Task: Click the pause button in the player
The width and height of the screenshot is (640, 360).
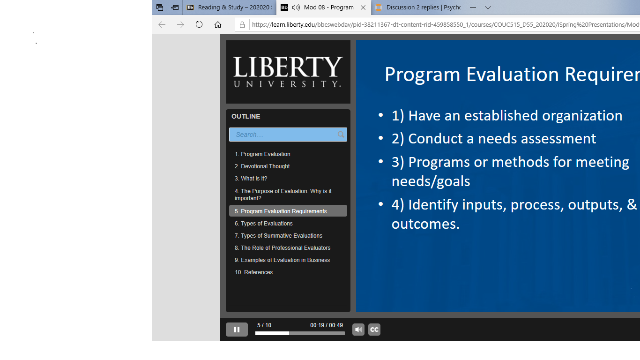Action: point(237,330)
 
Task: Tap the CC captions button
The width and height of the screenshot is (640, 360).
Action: point(374,330)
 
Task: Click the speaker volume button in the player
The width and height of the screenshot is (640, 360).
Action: point(358,330)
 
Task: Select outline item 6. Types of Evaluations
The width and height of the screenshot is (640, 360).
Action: point(263,223)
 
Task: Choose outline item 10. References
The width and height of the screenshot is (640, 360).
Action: point(254,272)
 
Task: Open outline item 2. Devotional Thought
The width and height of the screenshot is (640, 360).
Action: point(262,166)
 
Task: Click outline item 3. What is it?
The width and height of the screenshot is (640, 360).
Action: point(251,179)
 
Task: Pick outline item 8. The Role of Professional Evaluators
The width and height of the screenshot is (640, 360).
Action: point(283,247)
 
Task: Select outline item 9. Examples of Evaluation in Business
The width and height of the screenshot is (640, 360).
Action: point(283,260)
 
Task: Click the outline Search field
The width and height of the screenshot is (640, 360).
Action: point(283,135)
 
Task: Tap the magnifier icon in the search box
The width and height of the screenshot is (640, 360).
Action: point(341,135)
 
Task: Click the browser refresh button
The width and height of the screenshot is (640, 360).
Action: point(199,24)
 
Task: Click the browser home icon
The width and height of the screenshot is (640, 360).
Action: point(218,24)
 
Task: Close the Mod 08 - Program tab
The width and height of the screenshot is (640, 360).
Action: point(363,7)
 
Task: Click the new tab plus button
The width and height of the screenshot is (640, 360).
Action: point(473,7)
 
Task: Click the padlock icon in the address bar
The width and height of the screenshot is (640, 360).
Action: point(242,25)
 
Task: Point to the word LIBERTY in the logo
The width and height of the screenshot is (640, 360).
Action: point(288,67)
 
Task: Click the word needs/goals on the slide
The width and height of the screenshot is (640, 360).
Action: point(431,181)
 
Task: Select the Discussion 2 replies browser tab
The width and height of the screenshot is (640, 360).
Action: point(418,7)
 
